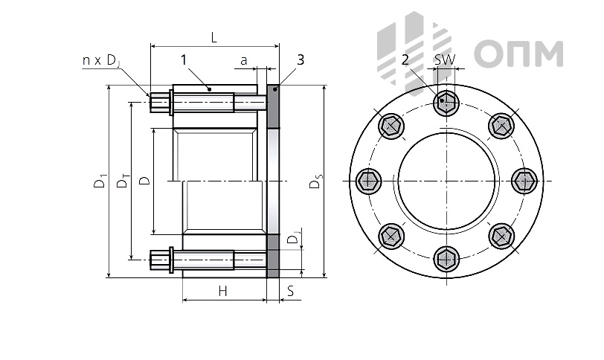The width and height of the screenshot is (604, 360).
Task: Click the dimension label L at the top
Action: point(214,37)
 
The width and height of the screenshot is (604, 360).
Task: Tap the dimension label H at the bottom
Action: point(222,291)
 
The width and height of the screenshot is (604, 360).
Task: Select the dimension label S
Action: point(291,291)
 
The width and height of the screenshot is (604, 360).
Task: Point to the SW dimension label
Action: point(445,60)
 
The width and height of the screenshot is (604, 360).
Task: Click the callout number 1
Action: point(184,60)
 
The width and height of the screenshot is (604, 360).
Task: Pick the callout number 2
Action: point(405,60)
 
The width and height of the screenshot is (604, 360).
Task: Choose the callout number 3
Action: point(301,60)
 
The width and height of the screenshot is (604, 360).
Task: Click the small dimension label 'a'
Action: point(243,60)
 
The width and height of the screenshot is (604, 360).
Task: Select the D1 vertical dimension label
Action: point(100,181)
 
